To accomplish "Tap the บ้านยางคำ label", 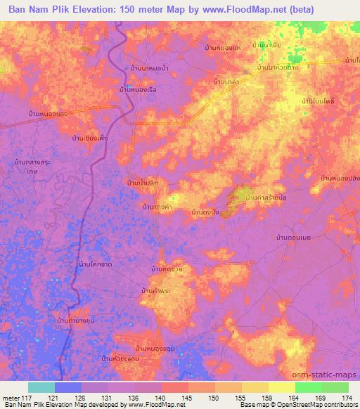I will [x=158, y=207].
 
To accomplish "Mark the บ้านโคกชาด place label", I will [x=97, y=264].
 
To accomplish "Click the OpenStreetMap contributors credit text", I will [x=321, y=405].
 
